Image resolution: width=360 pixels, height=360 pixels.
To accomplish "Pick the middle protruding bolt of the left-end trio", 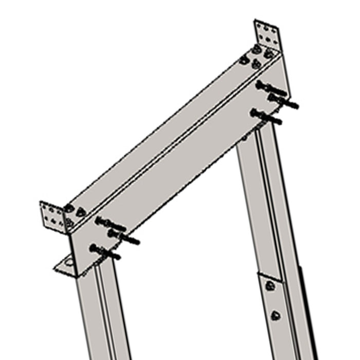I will click(x=123, y=237).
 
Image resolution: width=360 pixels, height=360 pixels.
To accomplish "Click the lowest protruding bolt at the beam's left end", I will click(x=105, y=252).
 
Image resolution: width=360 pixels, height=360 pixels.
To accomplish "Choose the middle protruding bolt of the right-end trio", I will click(x=283, y=100).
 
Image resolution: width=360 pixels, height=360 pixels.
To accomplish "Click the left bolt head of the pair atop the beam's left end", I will click(x=69, y=208).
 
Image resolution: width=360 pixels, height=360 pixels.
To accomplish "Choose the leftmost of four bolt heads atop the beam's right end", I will click(x=244, y=60).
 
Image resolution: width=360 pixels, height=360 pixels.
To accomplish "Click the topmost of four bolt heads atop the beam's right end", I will click(x=257, y=49).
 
